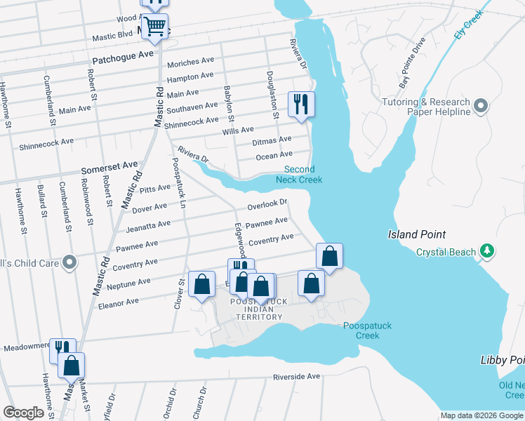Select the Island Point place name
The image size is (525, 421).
click(x=417, y=234)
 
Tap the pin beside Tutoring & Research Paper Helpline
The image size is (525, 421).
click(x=481, y=106)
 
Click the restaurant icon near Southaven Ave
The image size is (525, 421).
click(x=302, y=105)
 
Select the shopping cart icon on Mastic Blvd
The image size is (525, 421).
click(x=154, y=27)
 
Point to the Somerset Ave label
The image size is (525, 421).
click(x=109, y=166)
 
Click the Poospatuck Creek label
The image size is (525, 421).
click(x=361, y=330)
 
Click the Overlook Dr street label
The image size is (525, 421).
click(x=267, y=204)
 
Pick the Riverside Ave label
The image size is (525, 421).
click(x=296, y=377)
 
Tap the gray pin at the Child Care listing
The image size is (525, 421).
click(x=69, y=262)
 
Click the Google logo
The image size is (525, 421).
click(x=23, y=413)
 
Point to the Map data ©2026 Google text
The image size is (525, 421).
click(x=481, y=415)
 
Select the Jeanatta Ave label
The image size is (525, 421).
click(x=148, y=225)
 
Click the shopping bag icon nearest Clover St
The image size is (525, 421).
click(x=202, y=284)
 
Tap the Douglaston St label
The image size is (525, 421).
click(x=273, y=94)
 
